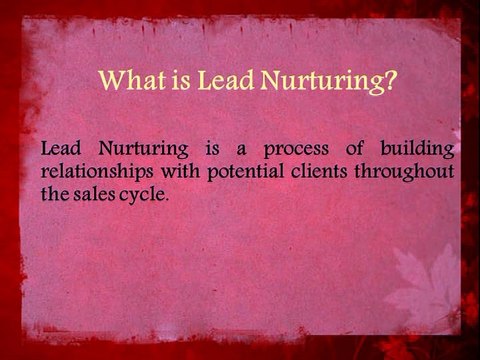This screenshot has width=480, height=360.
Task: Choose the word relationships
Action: point(97,171)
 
